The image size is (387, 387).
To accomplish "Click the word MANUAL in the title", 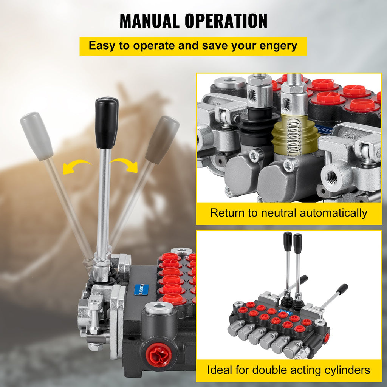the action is [149, 21].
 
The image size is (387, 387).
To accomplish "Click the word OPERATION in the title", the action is [226, 21].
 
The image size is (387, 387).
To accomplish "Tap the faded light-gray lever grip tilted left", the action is [37, 136].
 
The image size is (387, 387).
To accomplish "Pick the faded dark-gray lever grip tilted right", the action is [162, 140].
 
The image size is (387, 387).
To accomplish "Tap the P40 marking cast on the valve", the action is [350, 136].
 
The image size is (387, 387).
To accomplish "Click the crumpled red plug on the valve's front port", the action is [158, 355].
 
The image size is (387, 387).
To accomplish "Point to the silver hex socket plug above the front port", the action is [159, 308].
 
